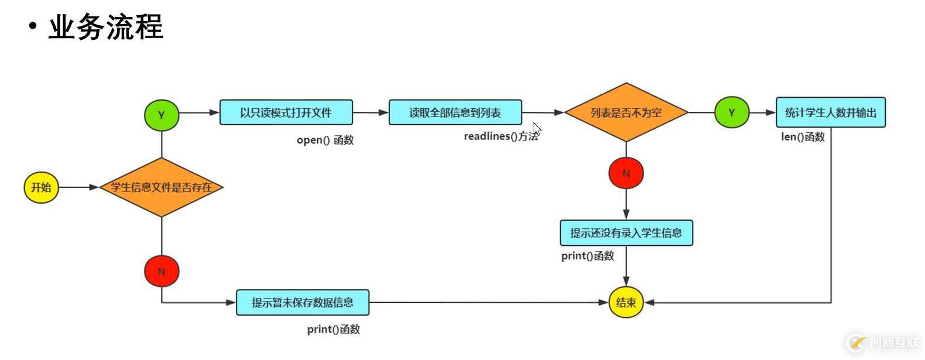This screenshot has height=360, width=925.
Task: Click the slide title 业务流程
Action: (105, 28)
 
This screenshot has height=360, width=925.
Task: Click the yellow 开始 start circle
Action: (41, 187)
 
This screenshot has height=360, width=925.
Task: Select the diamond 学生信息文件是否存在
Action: (161, 187)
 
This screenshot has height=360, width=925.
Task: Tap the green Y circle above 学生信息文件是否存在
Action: (161, 115)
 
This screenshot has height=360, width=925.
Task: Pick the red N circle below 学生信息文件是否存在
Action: (161, 271)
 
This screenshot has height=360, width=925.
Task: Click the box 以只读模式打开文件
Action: (286, 112)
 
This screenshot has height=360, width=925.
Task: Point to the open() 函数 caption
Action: (325, 140)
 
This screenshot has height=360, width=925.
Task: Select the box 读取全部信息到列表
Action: (455, 112)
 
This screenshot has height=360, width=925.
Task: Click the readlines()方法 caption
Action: (501, 136)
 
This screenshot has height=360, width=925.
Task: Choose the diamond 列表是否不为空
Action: (626, 112)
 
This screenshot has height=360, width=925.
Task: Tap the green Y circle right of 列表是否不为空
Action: (731, 112)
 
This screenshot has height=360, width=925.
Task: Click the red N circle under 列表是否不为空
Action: (626, 173)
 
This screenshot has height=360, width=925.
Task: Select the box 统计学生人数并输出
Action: (830, 112)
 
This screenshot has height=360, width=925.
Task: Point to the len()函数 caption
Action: (803, 137)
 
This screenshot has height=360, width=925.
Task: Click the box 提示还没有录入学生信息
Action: (626, 233)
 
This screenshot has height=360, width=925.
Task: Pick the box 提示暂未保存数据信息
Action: (302, 303)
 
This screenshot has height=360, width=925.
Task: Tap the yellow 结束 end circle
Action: (626, 303)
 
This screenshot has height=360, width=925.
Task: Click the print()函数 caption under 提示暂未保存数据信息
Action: (333, 330)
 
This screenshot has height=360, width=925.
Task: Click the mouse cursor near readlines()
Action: (536, 129)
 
